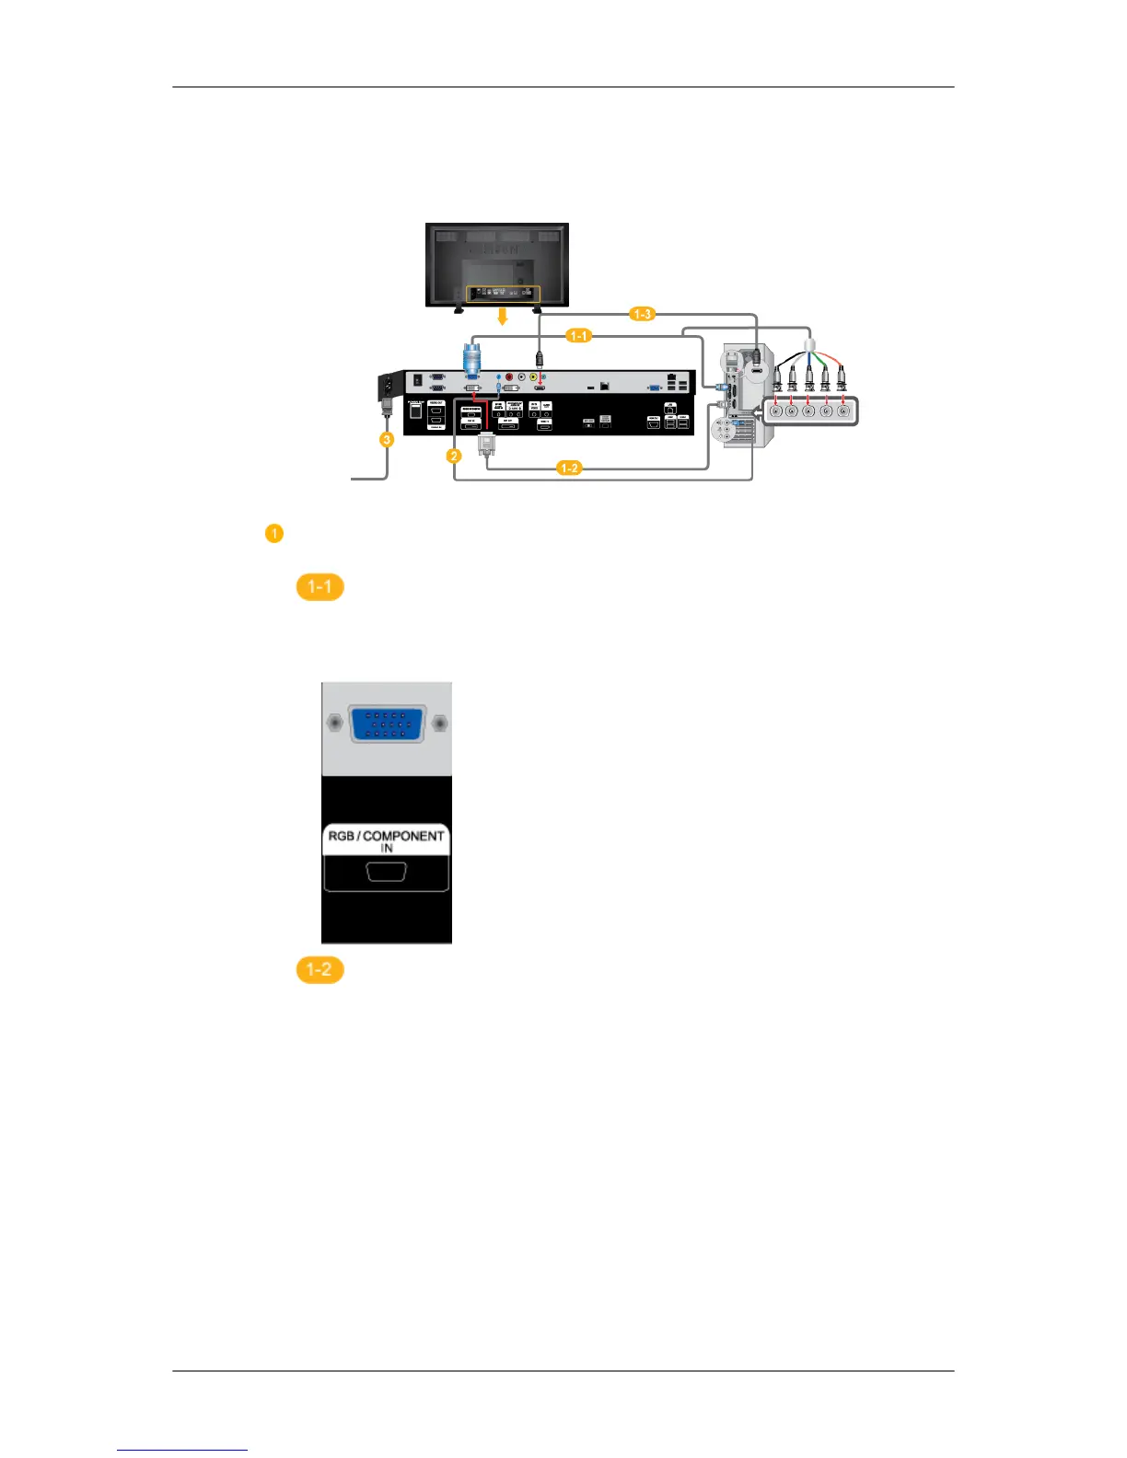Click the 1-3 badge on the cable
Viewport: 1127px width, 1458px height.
click(642, 314)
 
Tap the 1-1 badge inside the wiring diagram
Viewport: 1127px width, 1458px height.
click(578, 336)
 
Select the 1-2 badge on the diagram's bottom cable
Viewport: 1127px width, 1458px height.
click(569, 468)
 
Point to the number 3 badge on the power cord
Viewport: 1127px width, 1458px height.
click(387, 440)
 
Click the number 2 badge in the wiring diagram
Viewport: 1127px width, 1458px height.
click(454, 456)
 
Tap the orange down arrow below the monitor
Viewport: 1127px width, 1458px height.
click(502, 318)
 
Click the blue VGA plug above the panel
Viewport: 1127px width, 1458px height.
click(473, 358)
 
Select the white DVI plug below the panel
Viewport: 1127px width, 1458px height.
click(487, 445)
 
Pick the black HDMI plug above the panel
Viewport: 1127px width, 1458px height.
click(540, 358)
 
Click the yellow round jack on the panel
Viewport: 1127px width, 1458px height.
click(532, 376)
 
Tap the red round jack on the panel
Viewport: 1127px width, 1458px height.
click(509, 376)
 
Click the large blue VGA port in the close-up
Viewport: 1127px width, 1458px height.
click(387, 723)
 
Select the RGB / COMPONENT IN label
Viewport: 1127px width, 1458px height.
click(387, 840)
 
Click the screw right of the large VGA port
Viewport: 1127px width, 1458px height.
click(440, 723)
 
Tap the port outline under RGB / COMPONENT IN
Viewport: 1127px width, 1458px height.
click(387, 872)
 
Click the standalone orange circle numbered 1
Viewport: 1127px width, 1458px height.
click(273, 534)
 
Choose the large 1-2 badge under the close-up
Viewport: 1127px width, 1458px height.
click(320, 970)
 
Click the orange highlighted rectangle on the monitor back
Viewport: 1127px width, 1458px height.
click(502, 293)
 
